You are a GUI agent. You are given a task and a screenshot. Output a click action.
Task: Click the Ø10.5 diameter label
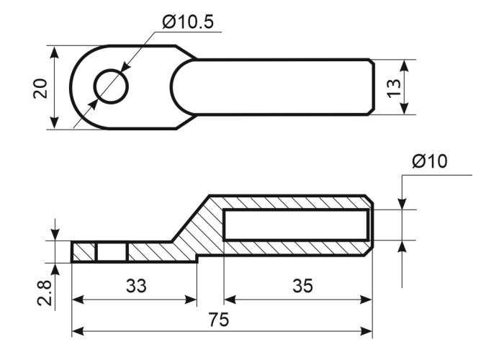(x=188, y=22)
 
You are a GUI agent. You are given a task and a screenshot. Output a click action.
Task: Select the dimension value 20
(x=40, y=88)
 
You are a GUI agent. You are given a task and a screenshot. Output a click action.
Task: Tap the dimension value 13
(x=394, y=88)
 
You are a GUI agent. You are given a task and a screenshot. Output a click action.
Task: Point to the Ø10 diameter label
(x=429, y=161)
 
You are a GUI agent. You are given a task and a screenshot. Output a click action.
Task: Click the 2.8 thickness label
(x=44, y=293)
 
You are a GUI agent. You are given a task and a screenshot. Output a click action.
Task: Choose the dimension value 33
(x=136, y=286)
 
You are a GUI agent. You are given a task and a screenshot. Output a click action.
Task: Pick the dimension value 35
(x=302, y=286)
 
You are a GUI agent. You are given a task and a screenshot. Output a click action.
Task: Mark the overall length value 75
(x=219, y=320)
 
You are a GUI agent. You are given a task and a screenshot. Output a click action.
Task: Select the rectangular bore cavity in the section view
(x=297, y=225)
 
